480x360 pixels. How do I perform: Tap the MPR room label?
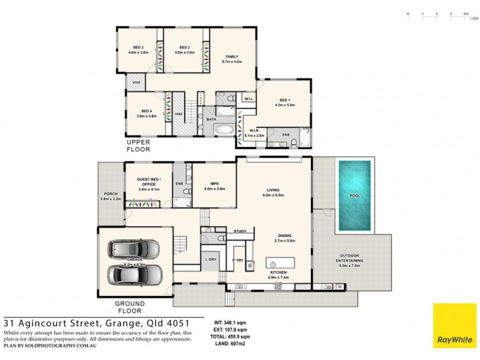point(214,187)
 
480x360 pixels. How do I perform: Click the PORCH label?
point(111,196)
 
